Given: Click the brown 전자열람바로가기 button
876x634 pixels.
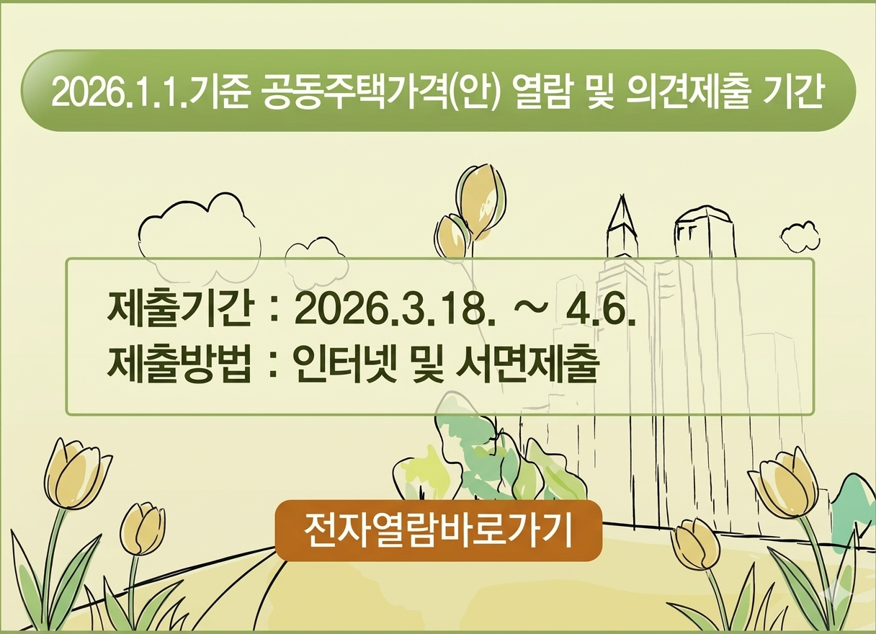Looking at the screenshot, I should point(438,530).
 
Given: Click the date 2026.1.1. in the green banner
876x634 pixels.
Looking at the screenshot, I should point(119,92).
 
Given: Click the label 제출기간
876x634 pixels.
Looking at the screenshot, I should point(179,311).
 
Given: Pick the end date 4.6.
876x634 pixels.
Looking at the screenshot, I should point(601,311).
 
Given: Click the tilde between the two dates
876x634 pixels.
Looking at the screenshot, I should point(530,311).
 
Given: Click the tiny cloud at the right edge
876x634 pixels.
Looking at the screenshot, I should point(800,236).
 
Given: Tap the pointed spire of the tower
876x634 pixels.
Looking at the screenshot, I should point(620,213).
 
